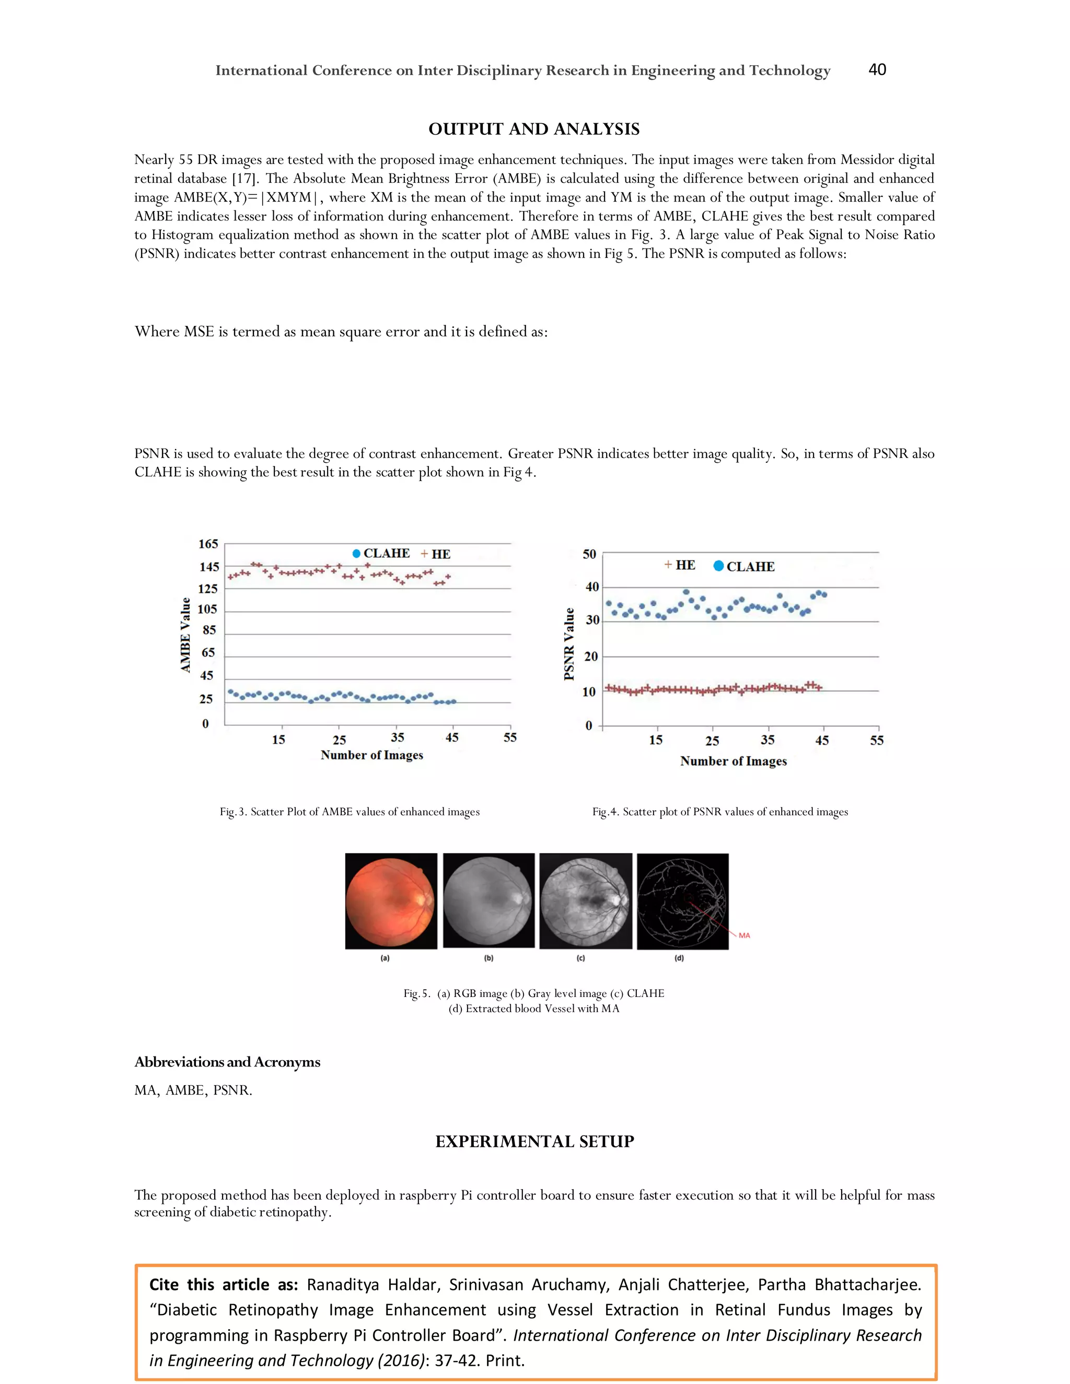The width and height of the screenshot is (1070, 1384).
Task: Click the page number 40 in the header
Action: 877,69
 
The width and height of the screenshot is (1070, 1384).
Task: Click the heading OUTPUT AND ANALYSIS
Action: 534,130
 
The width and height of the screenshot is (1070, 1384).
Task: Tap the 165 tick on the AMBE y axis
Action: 208,544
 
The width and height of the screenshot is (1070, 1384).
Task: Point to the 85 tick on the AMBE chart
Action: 208,630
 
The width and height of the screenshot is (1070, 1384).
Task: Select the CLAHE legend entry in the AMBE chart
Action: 381,553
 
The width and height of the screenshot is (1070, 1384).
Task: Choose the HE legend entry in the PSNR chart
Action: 680,565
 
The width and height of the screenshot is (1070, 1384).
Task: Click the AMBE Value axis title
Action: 185,635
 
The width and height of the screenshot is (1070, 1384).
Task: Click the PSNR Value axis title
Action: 568,644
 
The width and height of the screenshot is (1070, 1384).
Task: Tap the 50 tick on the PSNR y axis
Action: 589,555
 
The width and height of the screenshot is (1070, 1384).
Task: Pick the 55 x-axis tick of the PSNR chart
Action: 877,740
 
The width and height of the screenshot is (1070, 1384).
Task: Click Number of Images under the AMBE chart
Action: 371,755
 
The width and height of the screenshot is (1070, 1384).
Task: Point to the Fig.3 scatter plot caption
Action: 350,812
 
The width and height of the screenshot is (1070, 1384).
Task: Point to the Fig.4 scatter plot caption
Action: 719,812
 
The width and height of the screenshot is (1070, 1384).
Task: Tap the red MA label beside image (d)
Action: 744,935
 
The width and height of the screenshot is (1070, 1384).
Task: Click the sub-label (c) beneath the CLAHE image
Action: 580,958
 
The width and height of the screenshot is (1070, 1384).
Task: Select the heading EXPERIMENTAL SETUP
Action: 534,1141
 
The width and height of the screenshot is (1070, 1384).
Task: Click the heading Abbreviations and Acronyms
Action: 227,1062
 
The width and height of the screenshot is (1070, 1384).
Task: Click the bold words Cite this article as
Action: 223,1285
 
